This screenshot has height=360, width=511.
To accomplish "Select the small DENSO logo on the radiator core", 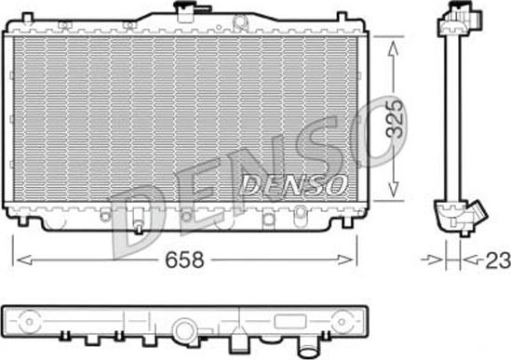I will (x=294, y=182).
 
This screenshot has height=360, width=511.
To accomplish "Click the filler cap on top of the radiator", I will (x=185, y=11).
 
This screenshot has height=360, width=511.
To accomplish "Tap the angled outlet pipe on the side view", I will (x=471, y=218).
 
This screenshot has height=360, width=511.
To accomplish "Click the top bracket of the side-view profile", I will (x=457, y=14).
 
